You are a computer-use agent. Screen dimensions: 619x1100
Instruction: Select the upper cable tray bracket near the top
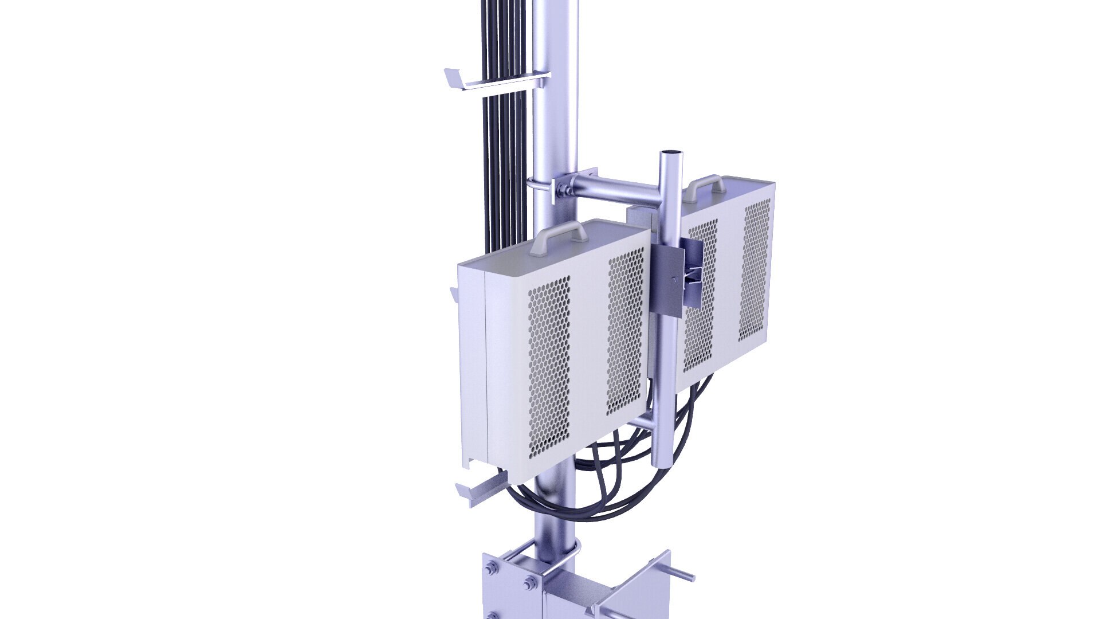[493, 80]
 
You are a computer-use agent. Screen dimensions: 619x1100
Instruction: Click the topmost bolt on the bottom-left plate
[492, 569]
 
